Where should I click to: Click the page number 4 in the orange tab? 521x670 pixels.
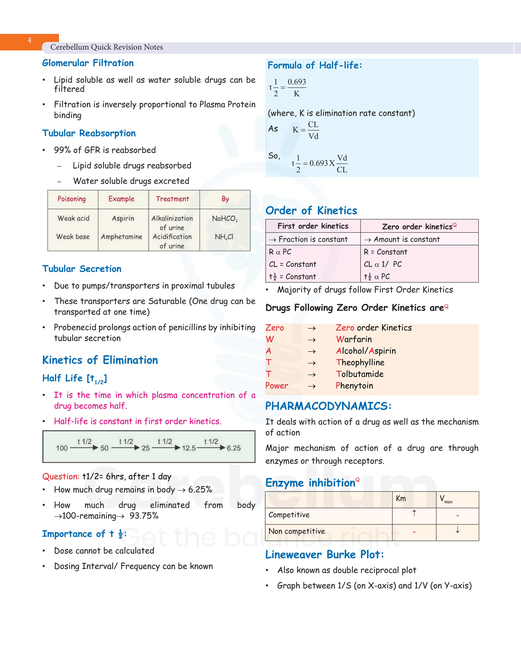[30, 40]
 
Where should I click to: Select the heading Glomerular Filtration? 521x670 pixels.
[88, 63]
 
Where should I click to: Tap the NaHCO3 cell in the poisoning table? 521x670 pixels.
[225, 219]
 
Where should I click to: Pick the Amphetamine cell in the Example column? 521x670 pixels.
[122, 237]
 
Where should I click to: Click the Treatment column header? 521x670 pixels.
[172, 199]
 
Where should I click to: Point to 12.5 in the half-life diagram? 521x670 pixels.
[189, 448]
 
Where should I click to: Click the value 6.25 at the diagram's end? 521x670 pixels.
[234, 448]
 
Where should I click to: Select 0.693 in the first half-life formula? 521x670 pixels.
[297, 82]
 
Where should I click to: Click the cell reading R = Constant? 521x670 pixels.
[385, 252]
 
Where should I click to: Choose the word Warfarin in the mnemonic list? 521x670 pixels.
[354, 339]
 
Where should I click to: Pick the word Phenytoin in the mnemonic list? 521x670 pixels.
[354, 386]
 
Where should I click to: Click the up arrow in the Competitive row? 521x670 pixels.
[414, 513]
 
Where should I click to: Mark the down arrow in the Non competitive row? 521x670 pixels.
[457, 530]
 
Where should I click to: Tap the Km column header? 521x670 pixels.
[401, 499]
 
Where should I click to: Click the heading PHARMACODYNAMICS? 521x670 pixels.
[328, 406]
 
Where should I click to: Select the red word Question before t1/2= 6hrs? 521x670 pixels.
[61, 476]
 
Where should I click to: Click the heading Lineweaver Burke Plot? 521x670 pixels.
[324, 555]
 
